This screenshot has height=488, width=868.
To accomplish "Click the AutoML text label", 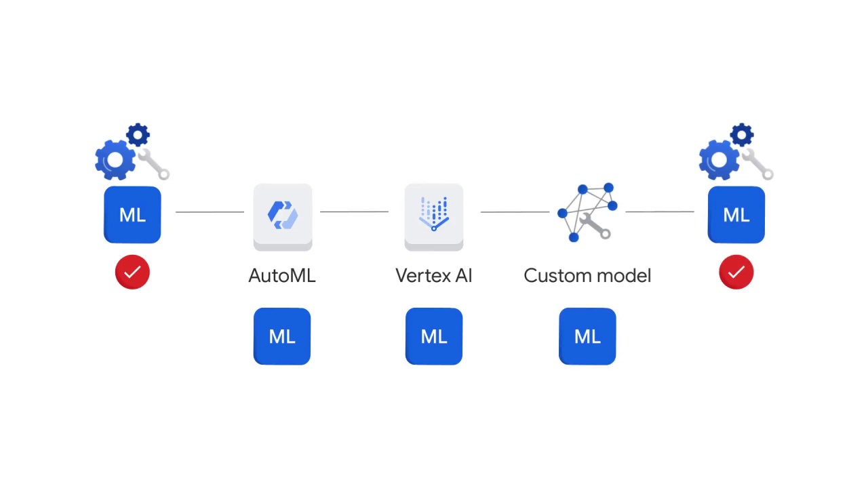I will (282, 276).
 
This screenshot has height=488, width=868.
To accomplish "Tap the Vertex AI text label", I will (434, 276).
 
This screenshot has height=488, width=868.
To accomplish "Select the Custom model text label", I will (587, 276).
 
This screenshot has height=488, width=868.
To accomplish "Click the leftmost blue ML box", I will (132, 215).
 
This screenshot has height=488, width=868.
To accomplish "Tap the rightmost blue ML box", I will (736, 215).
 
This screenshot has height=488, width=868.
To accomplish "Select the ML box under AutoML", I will (282, 336).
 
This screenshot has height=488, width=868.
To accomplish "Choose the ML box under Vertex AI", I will (434, 336).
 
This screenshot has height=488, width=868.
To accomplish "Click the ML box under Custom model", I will (587, 336).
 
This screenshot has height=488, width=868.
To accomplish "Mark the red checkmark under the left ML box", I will (132, 272).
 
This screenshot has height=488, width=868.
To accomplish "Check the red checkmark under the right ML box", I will (736, 272).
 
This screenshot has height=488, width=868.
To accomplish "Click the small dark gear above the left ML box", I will (138, 135).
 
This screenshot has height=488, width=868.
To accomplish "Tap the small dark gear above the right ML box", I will (742, 135).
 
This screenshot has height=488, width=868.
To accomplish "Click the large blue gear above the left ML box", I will (115, 160).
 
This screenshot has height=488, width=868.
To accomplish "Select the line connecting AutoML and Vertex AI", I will (354, 211).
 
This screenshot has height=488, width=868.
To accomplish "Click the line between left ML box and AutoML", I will (210, 211).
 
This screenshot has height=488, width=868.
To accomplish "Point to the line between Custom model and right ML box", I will (659, 211).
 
